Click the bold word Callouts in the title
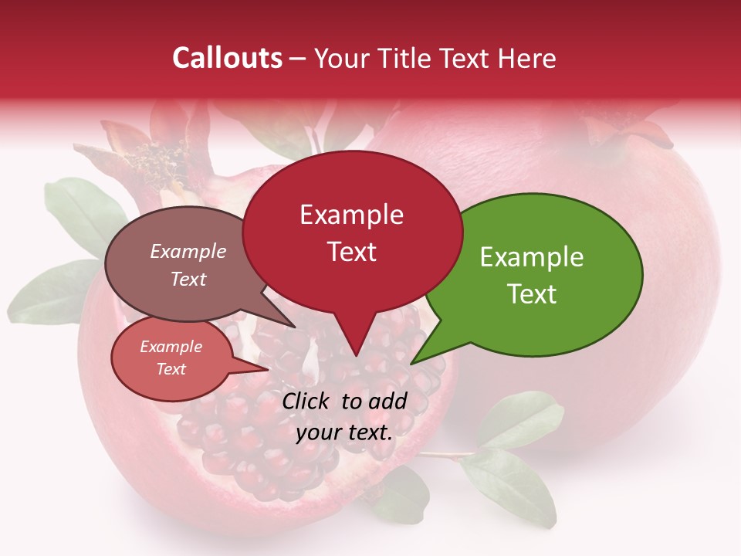click(227, 58)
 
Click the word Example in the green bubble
click(532, 257)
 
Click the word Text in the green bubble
click(532, 293)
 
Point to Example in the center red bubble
click(352, 215)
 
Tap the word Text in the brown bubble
click(188, 280)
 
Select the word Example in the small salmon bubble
click(171, 347)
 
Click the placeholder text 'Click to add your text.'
click(344, 416)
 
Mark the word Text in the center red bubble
click(352, 252)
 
